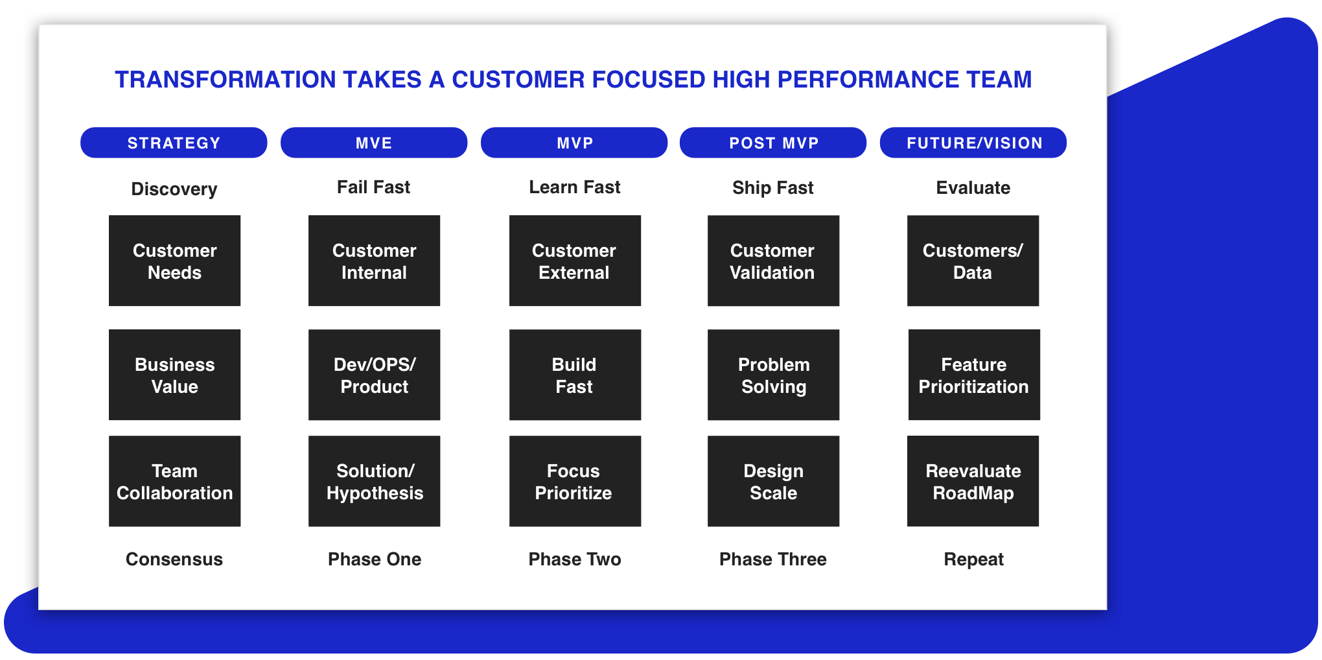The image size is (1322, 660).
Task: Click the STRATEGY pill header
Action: [174, 143]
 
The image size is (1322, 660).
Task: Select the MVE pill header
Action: [374, 143]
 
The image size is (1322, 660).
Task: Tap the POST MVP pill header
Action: [773, 143]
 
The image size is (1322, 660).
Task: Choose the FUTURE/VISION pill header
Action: [973, 143]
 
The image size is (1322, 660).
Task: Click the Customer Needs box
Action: [175, 261]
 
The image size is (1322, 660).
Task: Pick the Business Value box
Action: [175, 375]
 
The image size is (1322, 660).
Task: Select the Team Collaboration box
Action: [175, 481]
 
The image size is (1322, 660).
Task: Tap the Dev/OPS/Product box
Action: [375, 375]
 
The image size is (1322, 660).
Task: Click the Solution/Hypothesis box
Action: [375, 481]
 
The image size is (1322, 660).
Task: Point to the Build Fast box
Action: [575, 375]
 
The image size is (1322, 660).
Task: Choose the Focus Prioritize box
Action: [575, 481]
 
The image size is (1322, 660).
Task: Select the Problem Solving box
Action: [774, 375]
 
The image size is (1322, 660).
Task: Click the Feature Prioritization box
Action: [974, 375]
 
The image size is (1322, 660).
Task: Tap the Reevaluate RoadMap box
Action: [973, 481]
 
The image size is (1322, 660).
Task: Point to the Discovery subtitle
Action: [174, 189]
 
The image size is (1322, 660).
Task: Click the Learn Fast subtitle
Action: [575, 187]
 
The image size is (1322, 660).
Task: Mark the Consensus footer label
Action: [174, 559]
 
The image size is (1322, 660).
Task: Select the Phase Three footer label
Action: [773, 559]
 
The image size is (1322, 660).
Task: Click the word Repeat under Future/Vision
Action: [973, 560]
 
